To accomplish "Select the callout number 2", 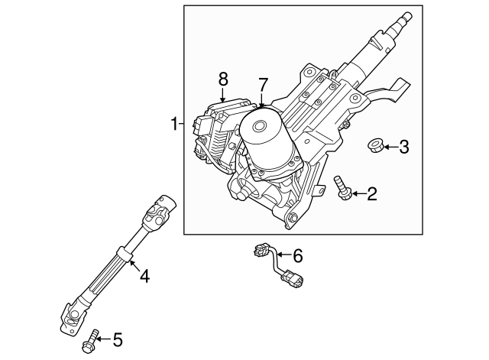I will pyautogui.click(x=372, y=194).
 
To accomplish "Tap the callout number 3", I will pyautogui.click(x=405, y=146).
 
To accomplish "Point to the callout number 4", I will pyautogui.click(x=144, y=275).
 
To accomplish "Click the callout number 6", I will pyautogui.click(x=298, y=255).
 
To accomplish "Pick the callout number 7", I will pyautogui.click(x=263, y=83).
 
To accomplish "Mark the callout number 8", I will pyautogui.click(x=223, y=78).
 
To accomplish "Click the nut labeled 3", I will pyautogui.click(x=376, y=144).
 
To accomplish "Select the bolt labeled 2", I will pyautogui.click(x=341, y=187).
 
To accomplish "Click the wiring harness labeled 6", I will pyautogui.click(x=274, y=264).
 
